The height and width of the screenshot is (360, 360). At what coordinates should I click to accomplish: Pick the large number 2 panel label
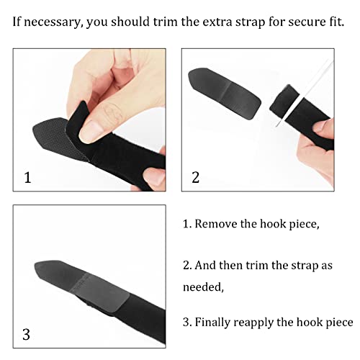pyautogui.click(x=195, y=176)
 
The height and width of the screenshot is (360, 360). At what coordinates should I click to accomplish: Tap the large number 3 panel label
pyautogui.click(x=27, y=333)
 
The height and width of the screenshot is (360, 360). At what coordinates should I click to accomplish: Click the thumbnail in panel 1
pyautogui.click(x=89, y=130)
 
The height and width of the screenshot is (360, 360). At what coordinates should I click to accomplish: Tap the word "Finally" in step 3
pyautogui.click(x=219, y=322)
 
